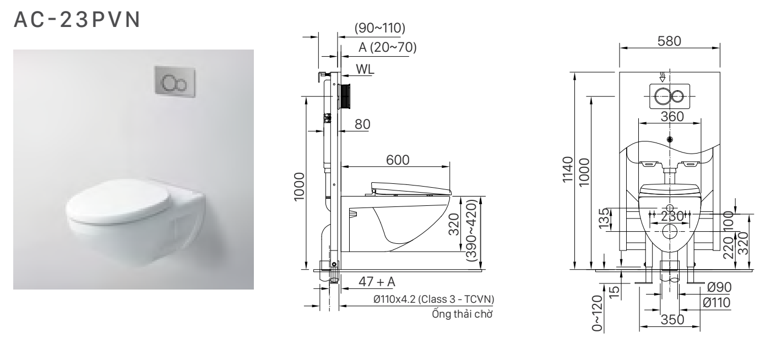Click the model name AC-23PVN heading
tap(77, 19)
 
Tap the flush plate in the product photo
tap(175, 81)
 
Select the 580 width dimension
tap(669, 41)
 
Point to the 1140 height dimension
tap(568, 170)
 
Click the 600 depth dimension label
tap(398, 160)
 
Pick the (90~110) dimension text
tap(380, 28)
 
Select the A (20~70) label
tap(388, 47)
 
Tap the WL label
tap(365, 69)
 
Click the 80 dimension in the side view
tap(362, 124)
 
